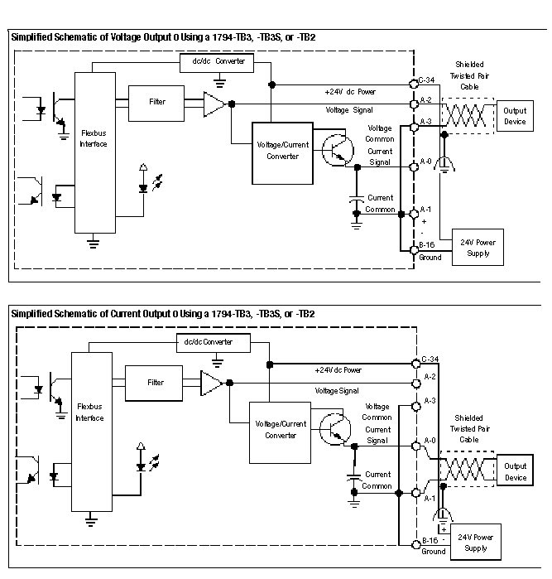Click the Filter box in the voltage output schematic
[156, 102]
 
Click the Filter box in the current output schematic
[155, 383]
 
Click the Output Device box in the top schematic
[515, 117]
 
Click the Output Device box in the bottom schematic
[515, 472]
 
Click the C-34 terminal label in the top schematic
[427, 80]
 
